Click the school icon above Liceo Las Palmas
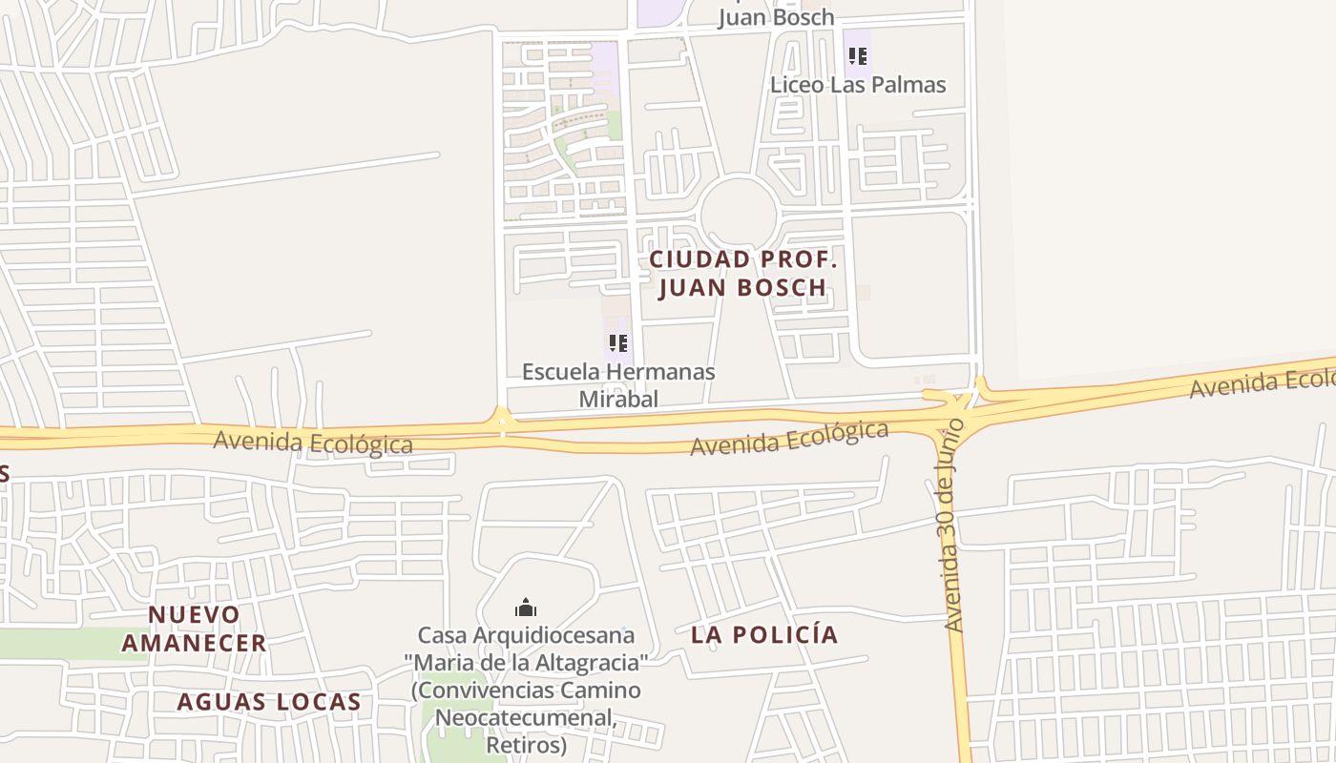[x=857, y=56]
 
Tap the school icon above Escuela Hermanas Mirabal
[x=617, y=343]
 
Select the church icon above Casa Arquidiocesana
[x=526, y=608]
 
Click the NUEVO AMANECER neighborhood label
[x=194, y=629]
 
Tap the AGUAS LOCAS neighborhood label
[x=269, y=703]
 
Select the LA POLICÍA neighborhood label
[x=764, y=635]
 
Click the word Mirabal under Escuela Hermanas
[x=618, y=399]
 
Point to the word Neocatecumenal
[x=525, y=716]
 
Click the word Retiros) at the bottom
[x=527, y=743]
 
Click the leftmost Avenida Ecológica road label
[x=313, y=443]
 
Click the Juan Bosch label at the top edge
[x=775, y=17]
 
